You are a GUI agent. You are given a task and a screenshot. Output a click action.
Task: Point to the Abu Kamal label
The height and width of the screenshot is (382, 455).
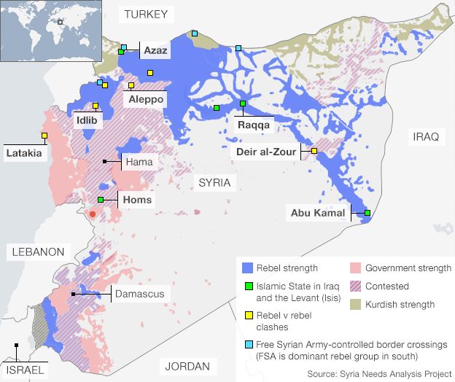[x=317, y=214]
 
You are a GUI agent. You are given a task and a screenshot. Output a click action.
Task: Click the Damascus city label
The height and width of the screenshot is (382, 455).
[x=139, y=294]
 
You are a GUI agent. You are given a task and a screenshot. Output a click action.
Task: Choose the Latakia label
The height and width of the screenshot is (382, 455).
[x=24, y=153]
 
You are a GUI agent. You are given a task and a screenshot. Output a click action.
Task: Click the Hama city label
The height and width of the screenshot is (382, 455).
[x=138, y=161]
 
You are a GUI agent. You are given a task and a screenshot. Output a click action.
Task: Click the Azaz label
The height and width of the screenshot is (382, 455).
[x=155, y=50]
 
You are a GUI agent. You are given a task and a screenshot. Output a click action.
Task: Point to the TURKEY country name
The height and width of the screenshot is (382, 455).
[x=146, y=14]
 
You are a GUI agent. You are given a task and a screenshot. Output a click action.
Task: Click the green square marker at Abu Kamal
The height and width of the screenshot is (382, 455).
[x=367, y=213]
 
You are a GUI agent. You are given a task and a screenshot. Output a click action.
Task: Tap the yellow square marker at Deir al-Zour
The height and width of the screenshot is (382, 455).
[x=314, y=150]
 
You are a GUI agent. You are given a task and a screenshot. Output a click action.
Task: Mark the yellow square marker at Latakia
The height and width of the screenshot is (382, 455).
[x=44, y=136]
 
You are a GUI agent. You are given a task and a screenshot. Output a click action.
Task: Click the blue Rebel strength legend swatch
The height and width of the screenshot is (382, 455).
[x=246, y=268]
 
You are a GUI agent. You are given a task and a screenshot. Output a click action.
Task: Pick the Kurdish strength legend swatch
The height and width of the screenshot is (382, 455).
[x=355, y=304]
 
